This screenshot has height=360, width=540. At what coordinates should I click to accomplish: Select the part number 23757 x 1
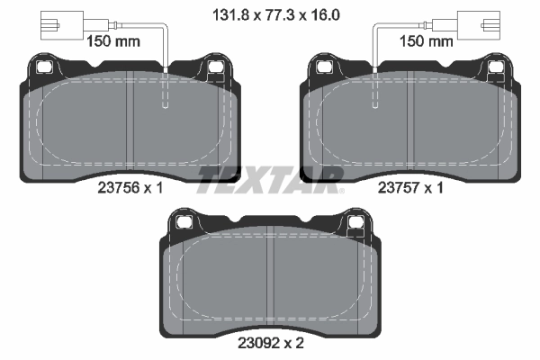(x=411, y=189)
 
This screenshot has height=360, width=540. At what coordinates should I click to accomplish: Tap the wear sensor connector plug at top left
(x=51, y=26)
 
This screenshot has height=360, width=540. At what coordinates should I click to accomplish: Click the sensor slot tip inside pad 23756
(x=165, y=104)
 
